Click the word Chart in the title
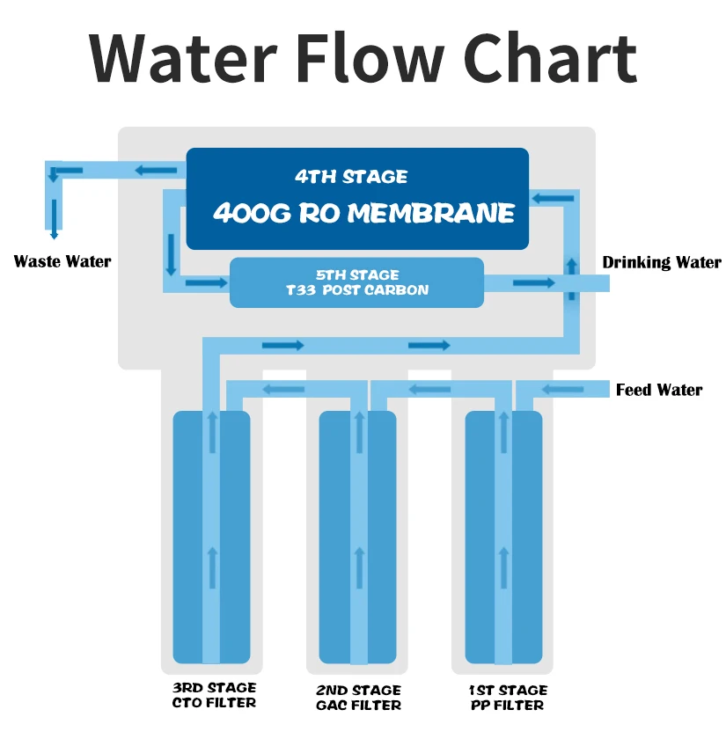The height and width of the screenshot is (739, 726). pos(550,59)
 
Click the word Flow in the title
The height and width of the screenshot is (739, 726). pos(370,58)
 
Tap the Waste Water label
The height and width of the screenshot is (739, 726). pos(62,261)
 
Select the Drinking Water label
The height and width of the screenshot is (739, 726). pos(662,262)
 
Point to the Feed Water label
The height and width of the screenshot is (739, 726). pos(659,390)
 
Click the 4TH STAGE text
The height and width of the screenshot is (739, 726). pos(351,177)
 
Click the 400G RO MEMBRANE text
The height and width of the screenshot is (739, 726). pos(363,213)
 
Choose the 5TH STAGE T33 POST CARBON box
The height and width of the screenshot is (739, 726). pos(357,282)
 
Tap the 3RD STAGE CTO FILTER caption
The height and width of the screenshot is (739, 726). pos(214,695)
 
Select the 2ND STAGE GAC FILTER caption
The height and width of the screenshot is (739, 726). pos(358,698)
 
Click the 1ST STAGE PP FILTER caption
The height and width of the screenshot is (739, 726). pos(509,698)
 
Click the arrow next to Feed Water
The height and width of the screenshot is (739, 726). pos(563,390)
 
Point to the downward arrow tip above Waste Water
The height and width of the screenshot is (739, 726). pos(55,237)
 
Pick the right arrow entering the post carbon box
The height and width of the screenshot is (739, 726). pos(207,282)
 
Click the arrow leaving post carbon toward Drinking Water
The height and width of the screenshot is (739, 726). pos(534,282)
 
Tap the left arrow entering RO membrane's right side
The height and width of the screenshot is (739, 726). pos(553,199)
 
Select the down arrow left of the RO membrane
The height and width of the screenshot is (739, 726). pos(171,254)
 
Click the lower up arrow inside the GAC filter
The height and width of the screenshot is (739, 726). pos(360,567)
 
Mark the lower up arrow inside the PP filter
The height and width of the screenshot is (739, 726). pos(504,567)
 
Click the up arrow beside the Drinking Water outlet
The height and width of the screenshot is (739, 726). pos(572,279)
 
